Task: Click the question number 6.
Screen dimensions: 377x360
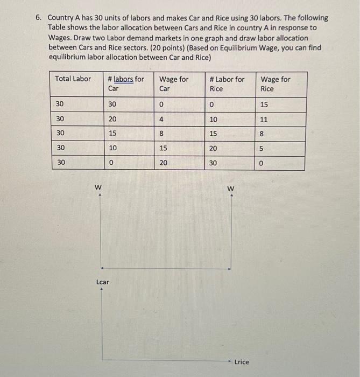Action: coord(39,17)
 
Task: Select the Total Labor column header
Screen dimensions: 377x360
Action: coord(73,79)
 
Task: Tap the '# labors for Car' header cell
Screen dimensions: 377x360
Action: coord(126,83)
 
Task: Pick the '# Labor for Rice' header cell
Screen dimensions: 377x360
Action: coord(227,83)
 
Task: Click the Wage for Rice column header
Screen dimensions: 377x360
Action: coord(275,83)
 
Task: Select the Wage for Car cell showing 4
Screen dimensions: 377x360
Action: coord(161,118)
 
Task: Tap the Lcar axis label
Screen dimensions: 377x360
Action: coord(102,282)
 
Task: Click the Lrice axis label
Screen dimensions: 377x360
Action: coord(242,362)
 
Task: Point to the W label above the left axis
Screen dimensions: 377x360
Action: coord(98,187)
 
